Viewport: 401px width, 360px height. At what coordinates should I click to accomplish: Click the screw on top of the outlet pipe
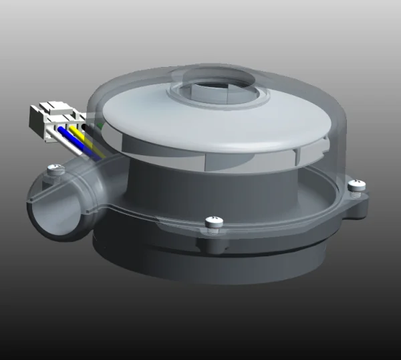click(x=57, y=173)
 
